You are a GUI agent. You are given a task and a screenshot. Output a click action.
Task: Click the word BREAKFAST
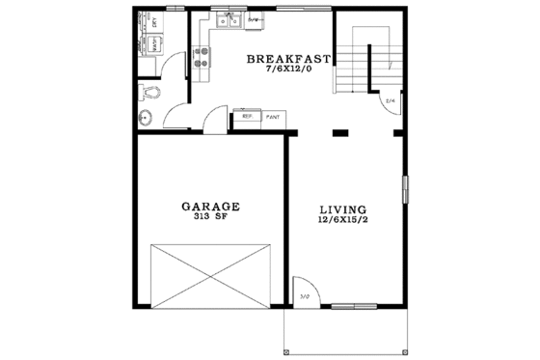(x=288, y=59)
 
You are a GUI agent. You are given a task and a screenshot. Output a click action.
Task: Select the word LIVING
(x=342, y=208)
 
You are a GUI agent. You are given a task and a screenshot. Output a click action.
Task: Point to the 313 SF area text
(x=209, y=217)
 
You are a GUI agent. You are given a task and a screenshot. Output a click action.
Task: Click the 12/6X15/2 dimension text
(x=342, y=221)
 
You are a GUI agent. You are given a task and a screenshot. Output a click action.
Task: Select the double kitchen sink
(x=230, y=19)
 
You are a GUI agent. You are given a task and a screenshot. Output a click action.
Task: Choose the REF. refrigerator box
(x=248, y=116)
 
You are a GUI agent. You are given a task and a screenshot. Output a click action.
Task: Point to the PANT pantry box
(x=273, y=116)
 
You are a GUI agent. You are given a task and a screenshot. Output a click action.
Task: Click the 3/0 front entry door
(x=306, y=291)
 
